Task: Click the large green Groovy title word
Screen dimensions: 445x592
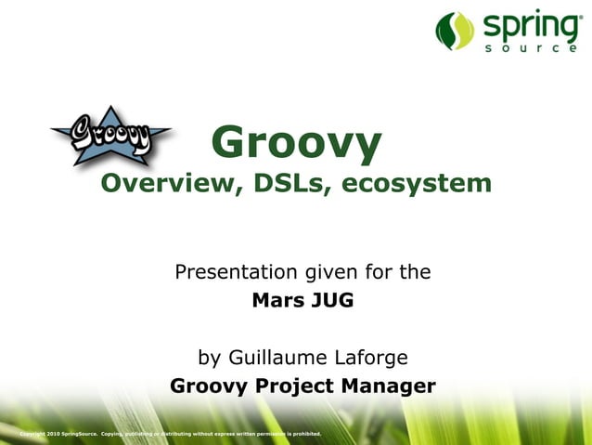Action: click(x=296, y=142)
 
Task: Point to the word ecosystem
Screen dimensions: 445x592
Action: click(x=417, y=183)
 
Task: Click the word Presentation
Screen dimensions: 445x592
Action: click(x=237, y=272)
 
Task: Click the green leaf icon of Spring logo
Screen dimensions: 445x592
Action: click(x=455, y=30)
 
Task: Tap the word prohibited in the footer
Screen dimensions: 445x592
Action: click(x=305, y=434)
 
